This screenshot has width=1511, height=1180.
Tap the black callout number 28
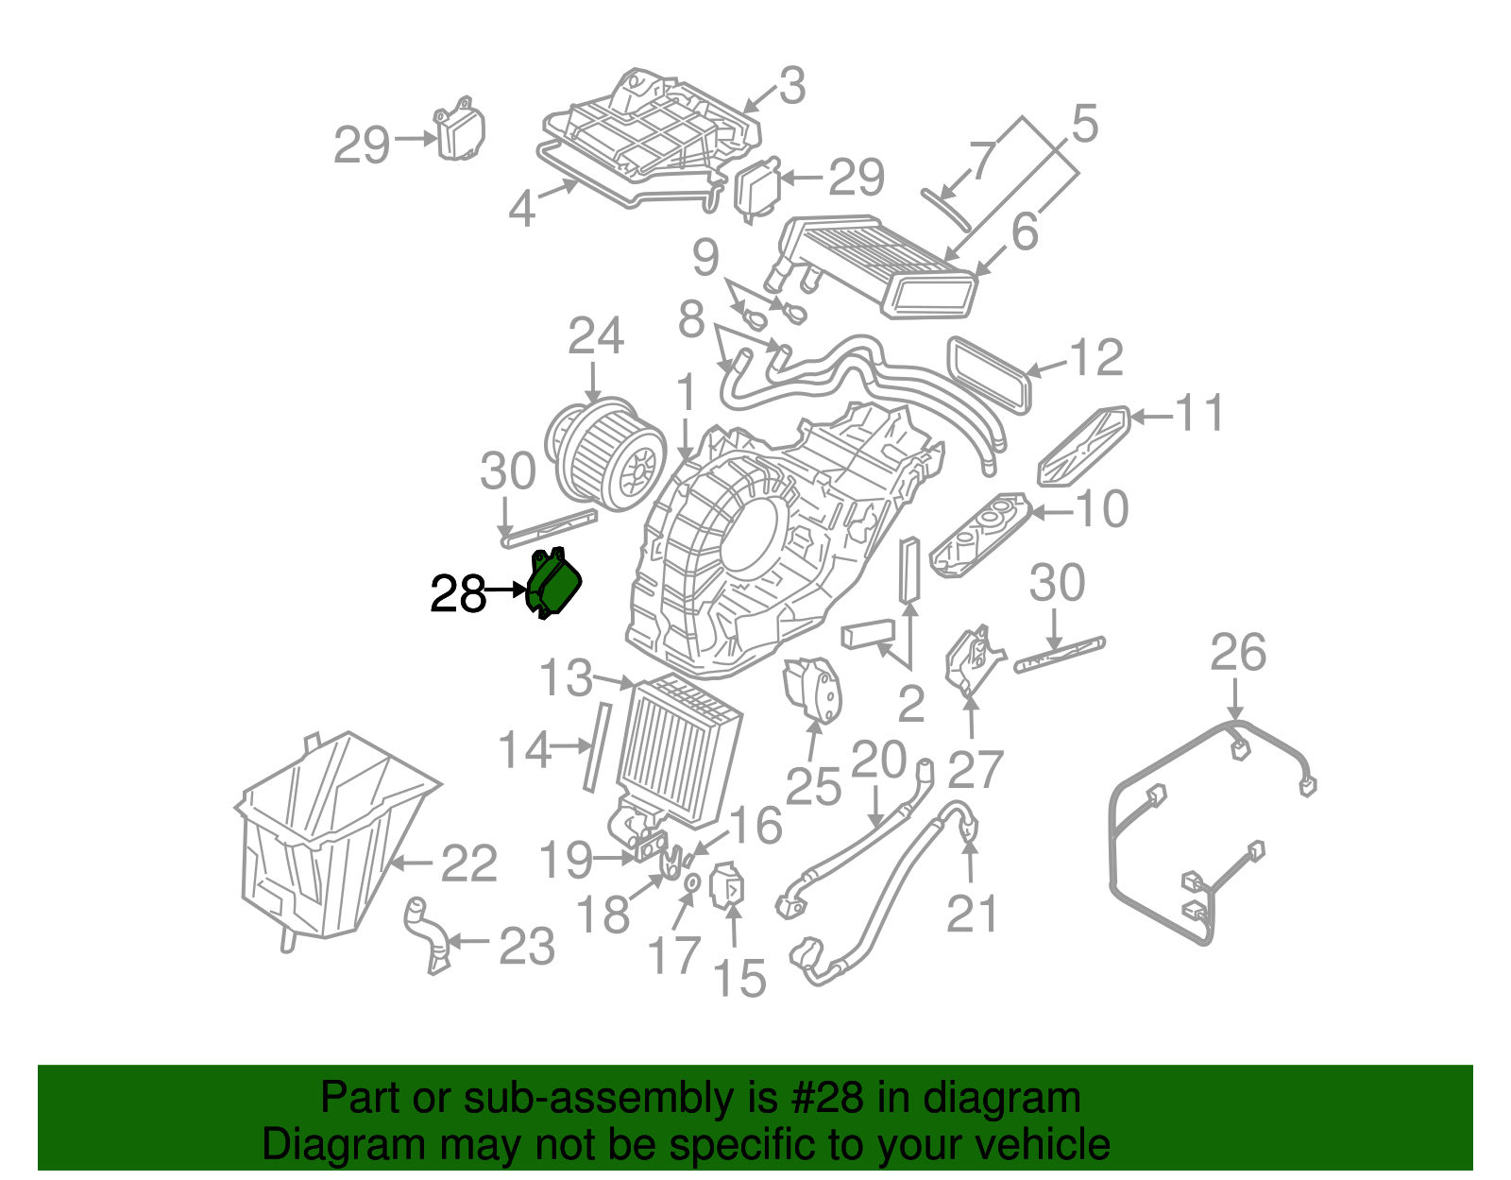[x=457, y=594]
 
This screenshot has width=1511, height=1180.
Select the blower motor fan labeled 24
[x=604, y=453]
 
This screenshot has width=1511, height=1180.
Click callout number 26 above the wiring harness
[x=1237, y=654]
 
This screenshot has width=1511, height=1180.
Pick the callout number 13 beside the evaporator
[x=566, y=678]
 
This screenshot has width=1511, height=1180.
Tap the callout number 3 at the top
[x=792, y=86]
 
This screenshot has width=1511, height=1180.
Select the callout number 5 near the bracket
[x=1085, y=125]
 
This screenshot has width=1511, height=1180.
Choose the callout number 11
[x=1199, y=414]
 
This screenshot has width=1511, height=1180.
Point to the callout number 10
[x=1102, y=510]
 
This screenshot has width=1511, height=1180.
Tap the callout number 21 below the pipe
[x=972, y=915]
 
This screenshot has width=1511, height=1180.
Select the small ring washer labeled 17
[x=691, y=882]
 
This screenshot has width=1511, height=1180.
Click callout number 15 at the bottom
[x=739, y=979]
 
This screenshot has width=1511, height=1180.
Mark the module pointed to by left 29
[x=460, y=133]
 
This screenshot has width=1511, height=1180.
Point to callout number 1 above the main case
[x=686, y=393]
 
